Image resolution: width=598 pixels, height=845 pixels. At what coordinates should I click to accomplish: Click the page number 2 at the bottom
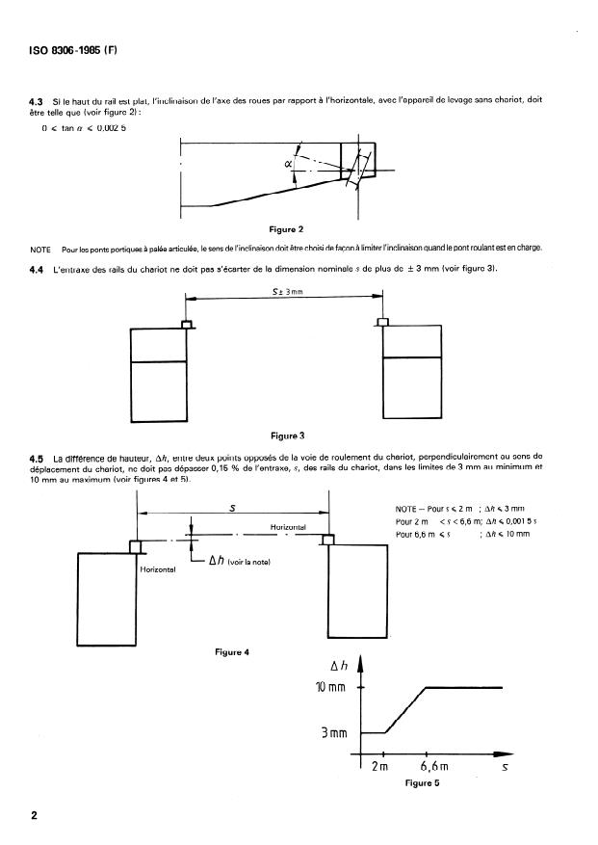35,817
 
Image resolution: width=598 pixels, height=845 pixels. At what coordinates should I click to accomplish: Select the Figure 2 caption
287,229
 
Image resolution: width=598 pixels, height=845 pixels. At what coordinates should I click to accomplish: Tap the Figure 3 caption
287,436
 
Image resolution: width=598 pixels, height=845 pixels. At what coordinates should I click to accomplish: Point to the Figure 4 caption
233,652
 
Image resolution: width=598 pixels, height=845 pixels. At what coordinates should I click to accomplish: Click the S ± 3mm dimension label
285,304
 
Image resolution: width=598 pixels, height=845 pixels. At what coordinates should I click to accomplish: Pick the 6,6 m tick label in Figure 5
436,767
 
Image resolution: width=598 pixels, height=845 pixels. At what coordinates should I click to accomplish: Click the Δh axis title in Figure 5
339,665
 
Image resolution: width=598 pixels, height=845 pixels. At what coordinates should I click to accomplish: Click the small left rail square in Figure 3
187,323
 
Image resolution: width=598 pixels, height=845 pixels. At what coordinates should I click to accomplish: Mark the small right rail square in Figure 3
382,323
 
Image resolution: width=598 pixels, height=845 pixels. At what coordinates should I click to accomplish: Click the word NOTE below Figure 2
40,248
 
